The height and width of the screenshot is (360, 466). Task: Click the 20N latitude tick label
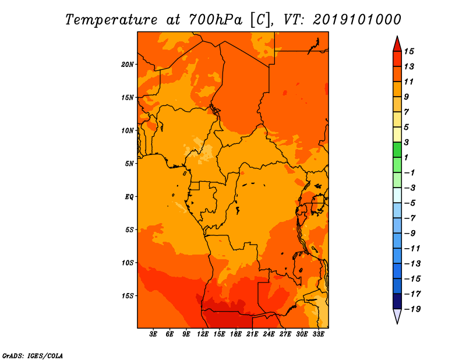[x=128, y=65]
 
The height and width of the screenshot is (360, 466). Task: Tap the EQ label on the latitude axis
[x=129, y=197]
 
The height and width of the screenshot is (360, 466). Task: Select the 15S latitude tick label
[x=128, y=296]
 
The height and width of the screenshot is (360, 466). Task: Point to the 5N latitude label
[x=129, y=164]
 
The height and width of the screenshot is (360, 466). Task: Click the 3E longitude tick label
[x=153, y=334]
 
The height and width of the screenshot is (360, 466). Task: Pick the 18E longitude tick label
[x=236, y=334]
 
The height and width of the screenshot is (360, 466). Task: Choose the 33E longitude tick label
[x=318, y=334]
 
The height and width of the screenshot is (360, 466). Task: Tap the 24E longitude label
[x=269, y=334]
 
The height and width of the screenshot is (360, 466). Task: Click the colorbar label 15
[x=409, y=51]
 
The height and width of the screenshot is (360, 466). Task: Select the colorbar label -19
[x=412, y=309]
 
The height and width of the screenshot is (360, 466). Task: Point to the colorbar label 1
[x=406, y=157]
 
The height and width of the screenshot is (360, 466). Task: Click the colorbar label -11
[x=412, y=249]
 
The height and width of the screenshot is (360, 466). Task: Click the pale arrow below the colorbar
[x=397, y=316]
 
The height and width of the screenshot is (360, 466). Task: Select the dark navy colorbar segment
[x=397, y=301]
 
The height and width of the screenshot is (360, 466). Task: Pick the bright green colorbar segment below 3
[x=397, y=150]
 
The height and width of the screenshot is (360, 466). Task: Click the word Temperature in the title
[x=111, y=20]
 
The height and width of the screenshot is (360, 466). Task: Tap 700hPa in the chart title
[x=216, y=20]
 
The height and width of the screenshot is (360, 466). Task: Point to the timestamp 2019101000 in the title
[x=357, y=20]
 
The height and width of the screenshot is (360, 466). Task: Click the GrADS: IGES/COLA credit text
[x=33, y=356]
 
